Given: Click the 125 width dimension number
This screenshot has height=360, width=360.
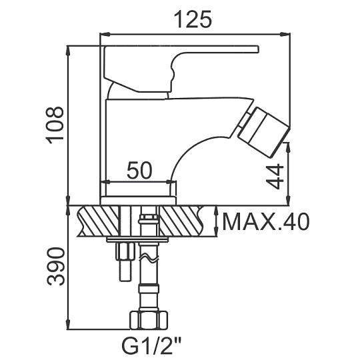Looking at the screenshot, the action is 193,19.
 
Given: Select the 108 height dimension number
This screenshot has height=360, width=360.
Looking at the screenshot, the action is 55,125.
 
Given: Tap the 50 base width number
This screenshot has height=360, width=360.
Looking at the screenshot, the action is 139,170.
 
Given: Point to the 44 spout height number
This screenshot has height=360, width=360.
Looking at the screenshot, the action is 275,176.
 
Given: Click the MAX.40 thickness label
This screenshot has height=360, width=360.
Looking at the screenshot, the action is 266,222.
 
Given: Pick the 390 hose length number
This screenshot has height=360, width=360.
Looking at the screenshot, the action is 56,266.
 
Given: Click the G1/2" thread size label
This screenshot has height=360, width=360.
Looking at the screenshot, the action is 151,346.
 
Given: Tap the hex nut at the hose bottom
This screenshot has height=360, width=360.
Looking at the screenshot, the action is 149,320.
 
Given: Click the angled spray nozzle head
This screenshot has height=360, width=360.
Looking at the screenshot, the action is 263,132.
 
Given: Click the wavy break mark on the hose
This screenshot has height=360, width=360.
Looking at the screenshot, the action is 149,258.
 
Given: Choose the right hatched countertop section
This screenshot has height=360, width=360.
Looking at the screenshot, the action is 182,221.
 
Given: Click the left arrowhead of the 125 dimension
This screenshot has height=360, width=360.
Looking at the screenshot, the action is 105,35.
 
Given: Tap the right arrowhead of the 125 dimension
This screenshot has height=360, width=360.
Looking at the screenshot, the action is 285,35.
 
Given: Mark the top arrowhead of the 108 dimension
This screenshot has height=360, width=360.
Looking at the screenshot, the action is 68,51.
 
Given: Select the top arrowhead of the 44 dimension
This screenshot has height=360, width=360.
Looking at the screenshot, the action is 289,147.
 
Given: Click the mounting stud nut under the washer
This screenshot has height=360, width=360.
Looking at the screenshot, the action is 125,251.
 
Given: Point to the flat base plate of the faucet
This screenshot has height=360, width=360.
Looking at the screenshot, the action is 138,201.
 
